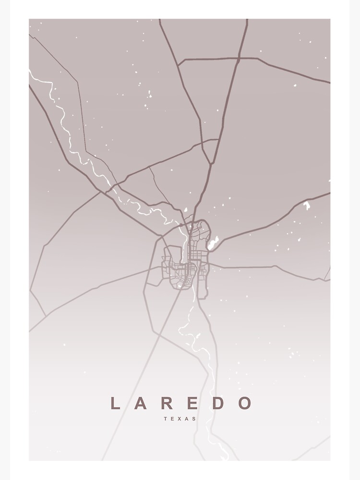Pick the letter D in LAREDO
click(218, 403)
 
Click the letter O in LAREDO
click(245, 403)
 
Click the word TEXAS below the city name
click(180, 419)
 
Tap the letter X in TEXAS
click(180, 419)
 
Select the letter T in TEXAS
click(166, 419)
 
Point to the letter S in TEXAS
click(194, 419)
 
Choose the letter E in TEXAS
click(173, 419)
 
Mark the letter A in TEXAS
click(187, 419)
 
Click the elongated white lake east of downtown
click(213, 243)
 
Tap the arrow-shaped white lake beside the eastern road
click(306, 205)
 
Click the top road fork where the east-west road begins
click(178, 65)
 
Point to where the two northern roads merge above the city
click(210, 164)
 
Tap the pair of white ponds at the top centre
click(149, 95)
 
